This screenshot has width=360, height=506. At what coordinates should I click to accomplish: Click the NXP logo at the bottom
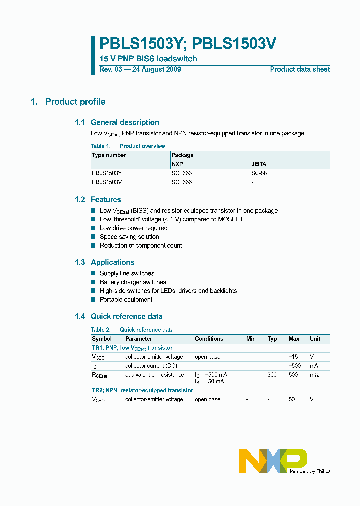point(273,460)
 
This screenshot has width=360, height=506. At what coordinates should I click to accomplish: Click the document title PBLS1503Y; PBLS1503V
point(188,44)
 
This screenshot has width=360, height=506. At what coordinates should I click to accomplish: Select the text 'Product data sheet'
point(300,70)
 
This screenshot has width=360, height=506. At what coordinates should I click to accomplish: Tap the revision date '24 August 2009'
point(156,70)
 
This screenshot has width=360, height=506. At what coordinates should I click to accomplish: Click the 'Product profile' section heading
point(75,102)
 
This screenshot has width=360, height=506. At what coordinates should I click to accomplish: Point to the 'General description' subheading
point(125,122)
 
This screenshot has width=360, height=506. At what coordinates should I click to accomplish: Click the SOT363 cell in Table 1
point(182,173)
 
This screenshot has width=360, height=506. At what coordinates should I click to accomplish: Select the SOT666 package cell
point(182,182)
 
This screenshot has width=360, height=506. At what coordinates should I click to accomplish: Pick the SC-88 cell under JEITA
point(259,173)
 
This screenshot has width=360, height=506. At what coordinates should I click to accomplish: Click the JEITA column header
point(259,164)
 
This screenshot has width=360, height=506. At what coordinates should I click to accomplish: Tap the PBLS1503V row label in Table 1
point(107,182)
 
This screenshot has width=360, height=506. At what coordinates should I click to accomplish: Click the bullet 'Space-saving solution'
point(129,237)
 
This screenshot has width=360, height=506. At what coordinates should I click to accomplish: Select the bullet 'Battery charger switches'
point(133,282)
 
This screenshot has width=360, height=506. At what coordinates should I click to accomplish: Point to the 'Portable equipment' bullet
point(126,300)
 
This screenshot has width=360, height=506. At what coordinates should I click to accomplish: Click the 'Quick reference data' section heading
point(126,316)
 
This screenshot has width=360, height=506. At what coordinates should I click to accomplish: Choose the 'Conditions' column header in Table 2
point(209,339)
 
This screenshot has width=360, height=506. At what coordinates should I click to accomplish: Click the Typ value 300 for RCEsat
point(272,375)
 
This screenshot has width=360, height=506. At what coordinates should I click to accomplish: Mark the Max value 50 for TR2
point(292,400)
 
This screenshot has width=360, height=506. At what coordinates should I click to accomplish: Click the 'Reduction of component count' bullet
point(141,246)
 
